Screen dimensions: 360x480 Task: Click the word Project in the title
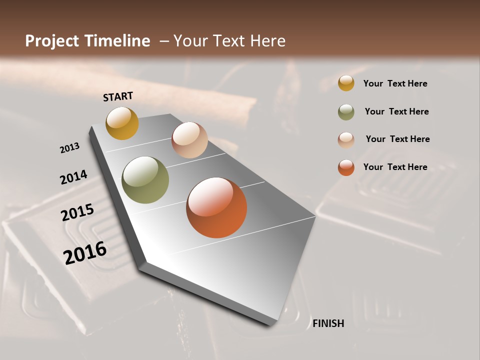tap(52, 41)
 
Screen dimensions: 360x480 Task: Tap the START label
tap(118, 96)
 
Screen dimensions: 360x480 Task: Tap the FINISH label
tap(328, 323)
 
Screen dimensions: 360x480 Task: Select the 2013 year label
tap(69, 148)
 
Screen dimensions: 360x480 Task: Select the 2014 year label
tap(73, 177)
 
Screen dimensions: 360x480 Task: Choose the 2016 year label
tap(85, 252)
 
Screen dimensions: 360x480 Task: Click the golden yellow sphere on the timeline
tap(122, 123)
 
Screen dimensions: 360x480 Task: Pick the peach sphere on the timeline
tap(189, 140)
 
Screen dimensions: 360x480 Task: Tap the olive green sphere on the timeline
tap(145, 180)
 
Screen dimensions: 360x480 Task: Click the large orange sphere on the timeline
tap(216, 207)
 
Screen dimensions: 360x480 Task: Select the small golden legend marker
tap(346, 83)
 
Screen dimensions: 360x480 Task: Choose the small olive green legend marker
tap(346, 112)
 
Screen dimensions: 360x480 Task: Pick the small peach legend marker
tap(346, 139)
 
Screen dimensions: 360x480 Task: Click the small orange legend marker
tap(346, 167)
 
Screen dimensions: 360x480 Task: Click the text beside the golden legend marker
tap(395, 83)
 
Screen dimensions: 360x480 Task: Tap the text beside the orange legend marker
tap(395, 167)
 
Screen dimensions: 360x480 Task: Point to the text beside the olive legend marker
tap(396, 111)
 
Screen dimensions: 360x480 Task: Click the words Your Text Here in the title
tap(229, 41)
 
